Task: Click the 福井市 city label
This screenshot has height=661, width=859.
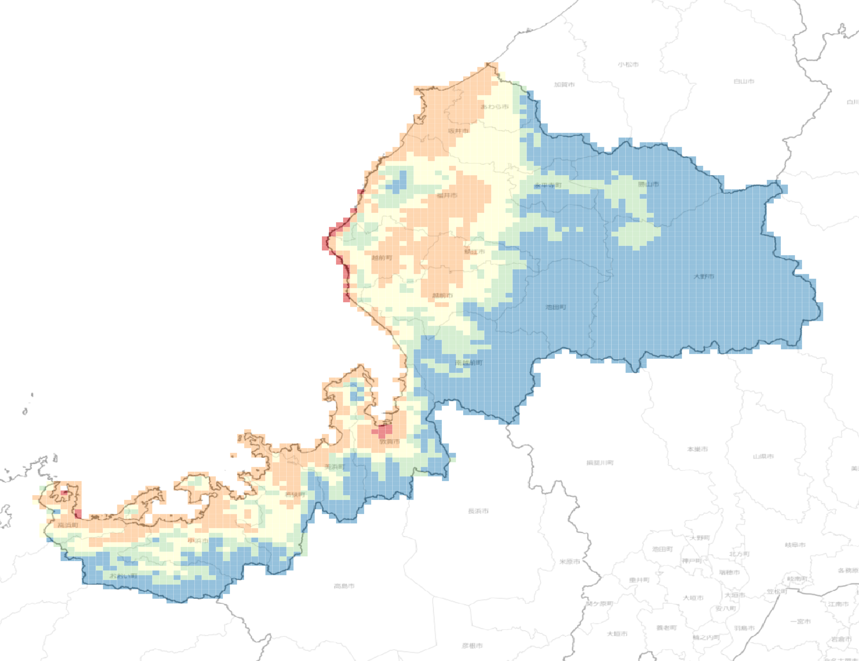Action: [447, 195]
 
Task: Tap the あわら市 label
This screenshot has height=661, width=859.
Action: [494, 106]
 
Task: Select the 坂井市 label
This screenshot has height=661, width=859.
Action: [458, 131]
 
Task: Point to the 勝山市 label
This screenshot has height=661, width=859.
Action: [648, 184]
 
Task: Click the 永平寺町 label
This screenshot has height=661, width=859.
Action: [548, 186]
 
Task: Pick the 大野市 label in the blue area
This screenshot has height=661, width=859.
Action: [704, 276]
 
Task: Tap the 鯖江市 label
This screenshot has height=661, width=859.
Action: [474, 252]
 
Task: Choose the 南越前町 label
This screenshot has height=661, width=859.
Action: [469, 363]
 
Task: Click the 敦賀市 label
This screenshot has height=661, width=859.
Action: [389, 441]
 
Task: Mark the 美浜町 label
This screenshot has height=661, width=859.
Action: [335, 467]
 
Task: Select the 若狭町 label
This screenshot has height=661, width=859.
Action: [295, 494]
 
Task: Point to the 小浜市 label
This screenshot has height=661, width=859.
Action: [198, 541]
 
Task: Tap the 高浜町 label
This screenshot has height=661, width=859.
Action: [68, 525]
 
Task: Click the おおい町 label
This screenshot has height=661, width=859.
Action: [123, 576]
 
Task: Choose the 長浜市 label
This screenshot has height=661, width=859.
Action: [478, 511]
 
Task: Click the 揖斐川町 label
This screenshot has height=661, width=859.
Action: [600, 463]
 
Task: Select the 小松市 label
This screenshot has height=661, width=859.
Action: [628, 65]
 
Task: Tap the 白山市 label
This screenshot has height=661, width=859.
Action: [744, 81]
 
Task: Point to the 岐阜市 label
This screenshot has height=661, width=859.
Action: [795, 545]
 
